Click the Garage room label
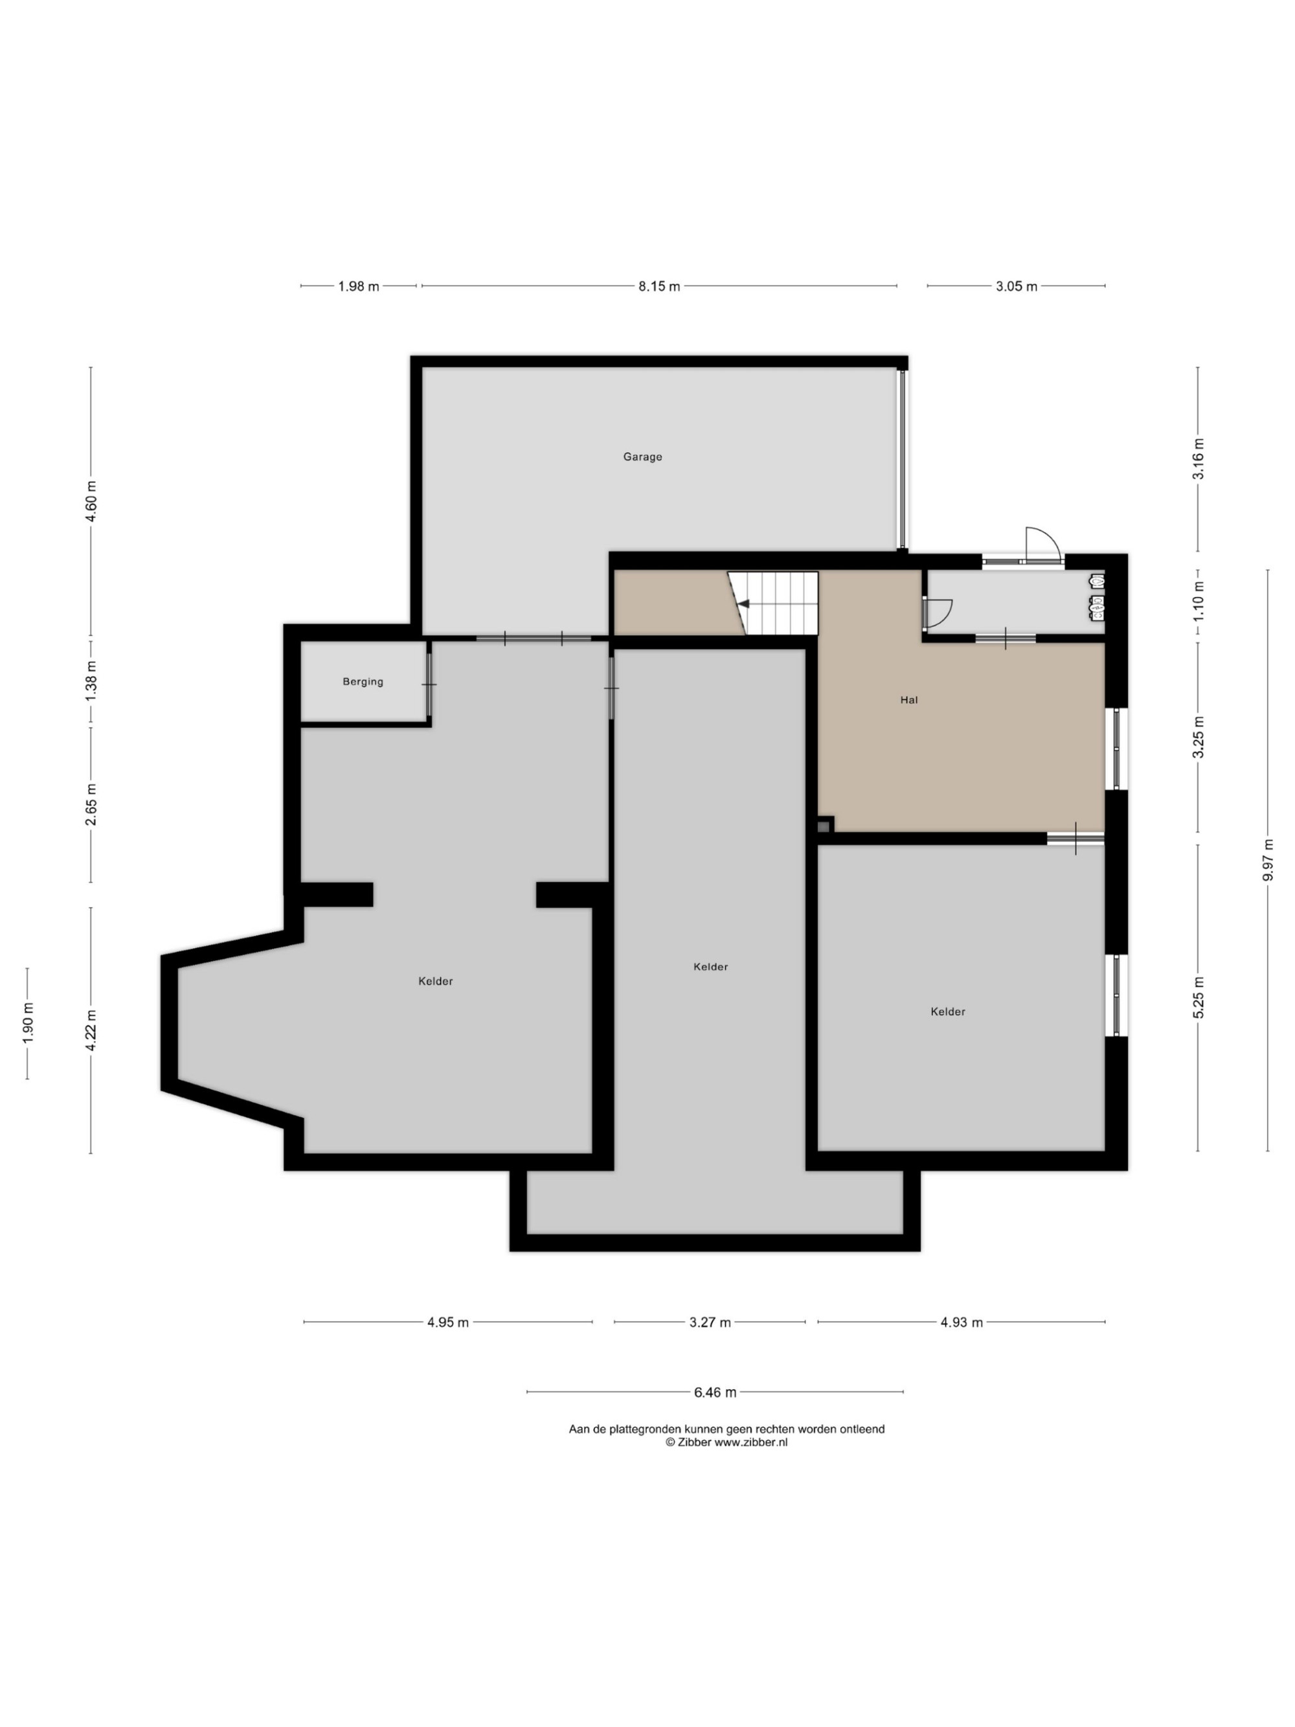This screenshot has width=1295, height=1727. coord(642,457)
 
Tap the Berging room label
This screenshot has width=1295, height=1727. coord(363,682)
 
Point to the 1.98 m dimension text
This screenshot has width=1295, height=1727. coord(358,286)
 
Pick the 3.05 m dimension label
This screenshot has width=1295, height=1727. coord(1017,286)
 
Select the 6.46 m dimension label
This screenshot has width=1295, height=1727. coord(715,1392)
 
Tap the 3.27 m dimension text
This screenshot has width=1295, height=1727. coord(710,1322)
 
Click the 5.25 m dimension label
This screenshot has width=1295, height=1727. coord(1199,997)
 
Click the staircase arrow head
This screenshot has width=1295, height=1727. coord(744,604)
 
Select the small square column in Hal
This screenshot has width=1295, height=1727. coord(824,825)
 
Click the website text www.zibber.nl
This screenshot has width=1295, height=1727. coord(751,1443)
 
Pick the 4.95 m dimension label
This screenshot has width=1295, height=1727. coord(448,1322)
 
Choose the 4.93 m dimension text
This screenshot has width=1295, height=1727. coord(962,1322)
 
